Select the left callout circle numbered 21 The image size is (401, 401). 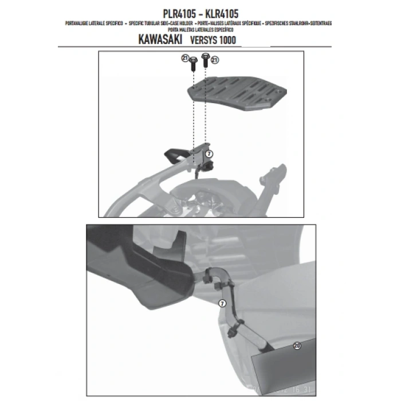pos(185,58)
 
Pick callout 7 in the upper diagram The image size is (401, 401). pos(209,154)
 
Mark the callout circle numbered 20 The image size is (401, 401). pos(296,345)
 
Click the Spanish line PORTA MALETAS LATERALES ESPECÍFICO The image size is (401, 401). pos(200,29)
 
